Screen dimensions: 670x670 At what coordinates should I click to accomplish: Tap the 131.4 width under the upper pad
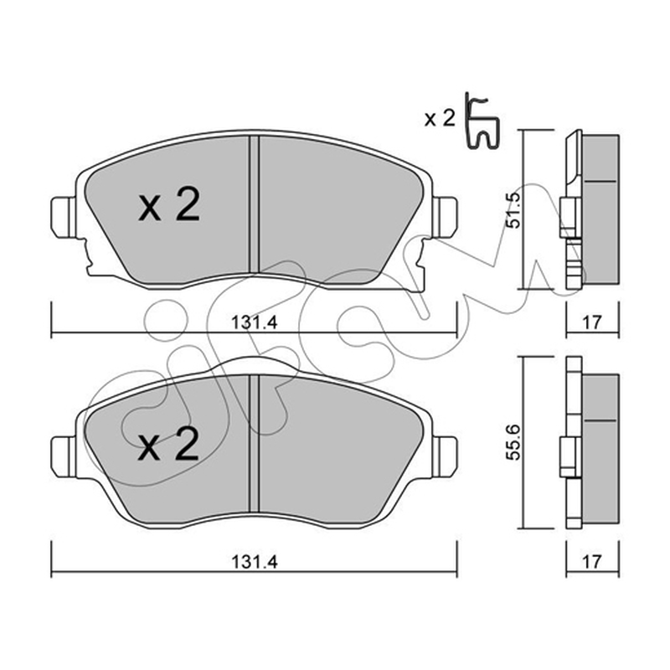click(x=255, y=322)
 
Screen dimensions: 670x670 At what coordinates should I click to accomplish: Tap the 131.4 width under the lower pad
click(x=255, y=562)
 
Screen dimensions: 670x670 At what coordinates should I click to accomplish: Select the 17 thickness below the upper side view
click(x=592, y=322)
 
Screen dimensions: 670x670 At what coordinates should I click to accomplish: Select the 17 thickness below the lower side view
click(x=592, y=561)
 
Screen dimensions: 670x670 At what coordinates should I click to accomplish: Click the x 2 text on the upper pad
click(x=169, y=205)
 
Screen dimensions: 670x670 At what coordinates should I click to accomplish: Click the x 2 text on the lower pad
click(x=169, y=445)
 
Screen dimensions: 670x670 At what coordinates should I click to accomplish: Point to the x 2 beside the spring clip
click(x=441, y=118)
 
